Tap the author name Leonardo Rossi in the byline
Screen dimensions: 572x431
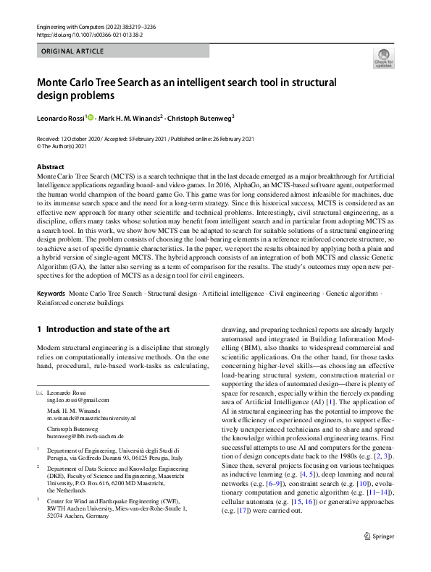coord(61,117)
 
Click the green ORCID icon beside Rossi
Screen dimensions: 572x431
coord(91,117)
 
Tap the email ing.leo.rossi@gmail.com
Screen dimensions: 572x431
coord(78,400)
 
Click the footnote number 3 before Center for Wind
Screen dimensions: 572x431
coord(38,500)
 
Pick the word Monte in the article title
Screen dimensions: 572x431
coord(56,82)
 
